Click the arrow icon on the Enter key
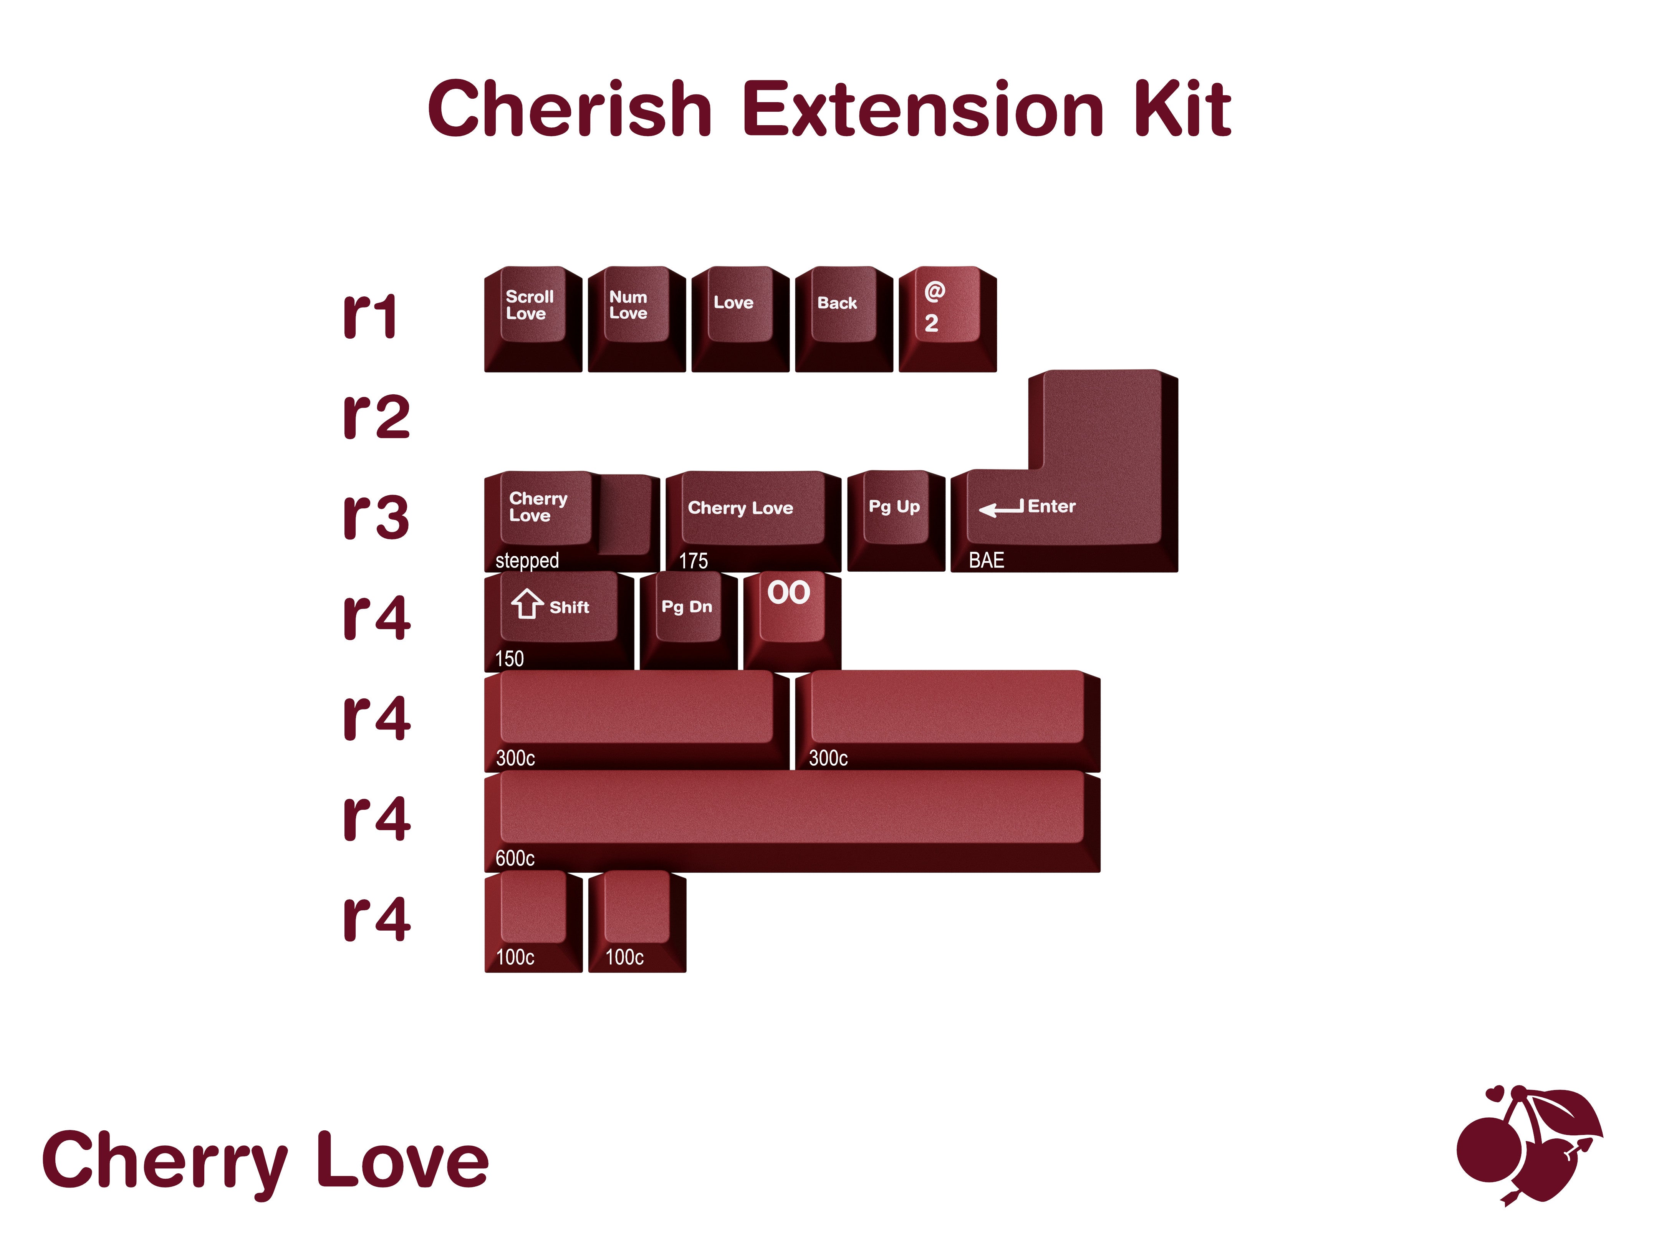pos(1000,509)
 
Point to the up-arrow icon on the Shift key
pos(527,604)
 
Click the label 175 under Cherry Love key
pos(693,561)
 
